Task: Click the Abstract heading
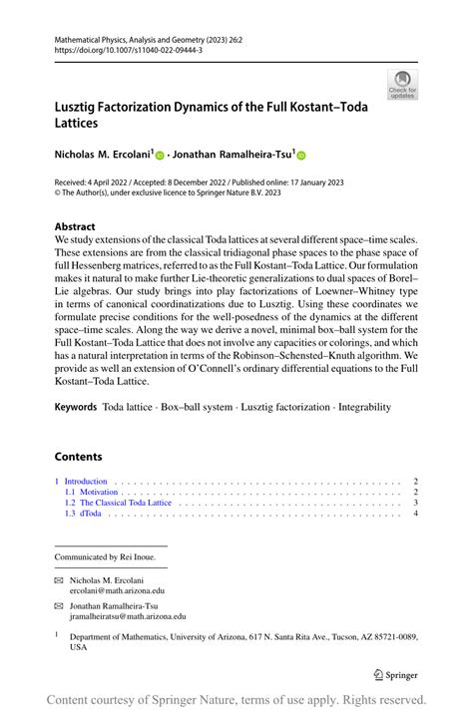tap(76, 226)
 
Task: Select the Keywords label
tap(76, 408)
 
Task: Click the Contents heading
tap(78, 457)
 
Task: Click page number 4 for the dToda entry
tap(415, 515)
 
